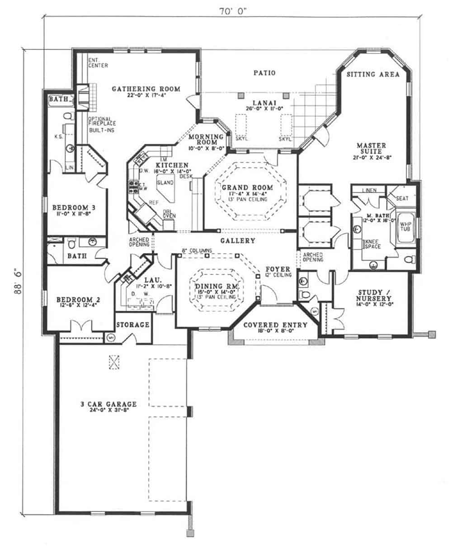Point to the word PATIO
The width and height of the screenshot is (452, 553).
pos(264,72)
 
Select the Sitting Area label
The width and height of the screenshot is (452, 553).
pos(373,75)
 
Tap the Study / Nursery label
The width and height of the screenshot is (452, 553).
pos(372,295)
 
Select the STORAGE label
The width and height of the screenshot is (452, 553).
pos(133,325)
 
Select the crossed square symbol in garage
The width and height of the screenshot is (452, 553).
pos(114,361)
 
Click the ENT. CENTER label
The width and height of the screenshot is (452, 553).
pos(98,63)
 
